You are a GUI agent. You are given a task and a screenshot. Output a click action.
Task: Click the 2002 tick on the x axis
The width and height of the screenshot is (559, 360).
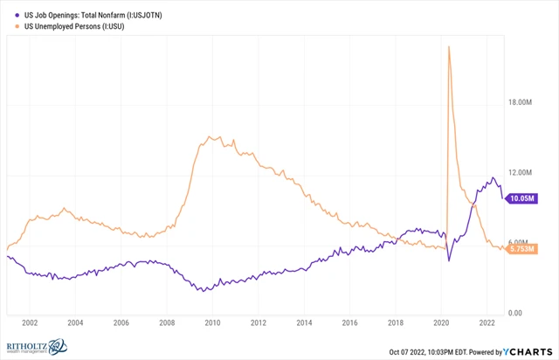point(29,322)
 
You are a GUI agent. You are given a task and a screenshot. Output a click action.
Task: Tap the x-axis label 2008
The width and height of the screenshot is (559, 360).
point(166,322)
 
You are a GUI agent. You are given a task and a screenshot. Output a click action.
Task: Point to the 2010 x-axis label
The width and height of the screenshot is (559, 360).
point(211,322)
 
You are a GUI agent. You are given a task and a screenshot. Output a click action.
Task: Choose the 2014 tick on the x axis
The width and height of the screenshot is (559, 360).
point(303,322)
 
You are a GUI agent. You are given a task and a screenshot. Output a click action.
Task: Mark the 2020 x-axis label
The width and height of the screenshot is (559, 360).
point(440,322)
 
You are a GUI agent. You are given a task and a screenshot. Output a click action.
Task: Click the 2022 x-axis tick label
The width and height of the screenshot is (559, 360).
point(486,322)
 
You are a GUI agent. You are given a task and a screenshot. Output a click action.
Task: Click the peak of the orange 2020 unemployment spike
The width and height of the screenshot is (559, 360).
point(448,46)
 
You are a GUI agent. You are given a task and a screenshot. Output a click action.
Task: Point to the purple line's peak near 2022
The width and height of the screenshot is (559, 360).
point(493,178)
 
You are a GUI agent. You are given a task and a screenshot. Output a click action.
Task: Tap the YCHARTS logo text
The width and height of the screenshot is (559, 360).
point(528,351)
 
